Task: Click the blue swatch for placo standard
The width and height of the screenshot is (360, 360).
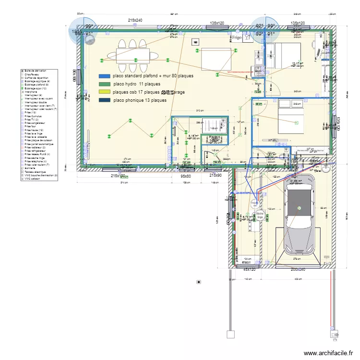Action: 104,76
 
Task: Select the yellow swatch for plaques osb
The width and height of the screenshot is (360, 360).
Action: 104,92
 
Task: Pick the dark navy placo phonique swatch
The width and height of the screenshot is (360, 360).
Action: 104,100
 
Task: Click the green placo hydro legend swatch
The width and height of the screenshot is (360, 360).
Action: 104,84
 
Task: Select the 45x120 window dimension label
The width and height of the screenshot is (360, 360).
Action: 250,270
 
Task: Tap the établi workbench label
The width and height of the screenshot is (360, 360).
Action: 247,263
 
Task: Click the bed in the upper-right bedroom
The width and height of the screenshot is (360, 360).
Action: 284,54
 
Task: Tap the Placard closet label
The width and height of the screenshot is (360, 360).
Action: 214,137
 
